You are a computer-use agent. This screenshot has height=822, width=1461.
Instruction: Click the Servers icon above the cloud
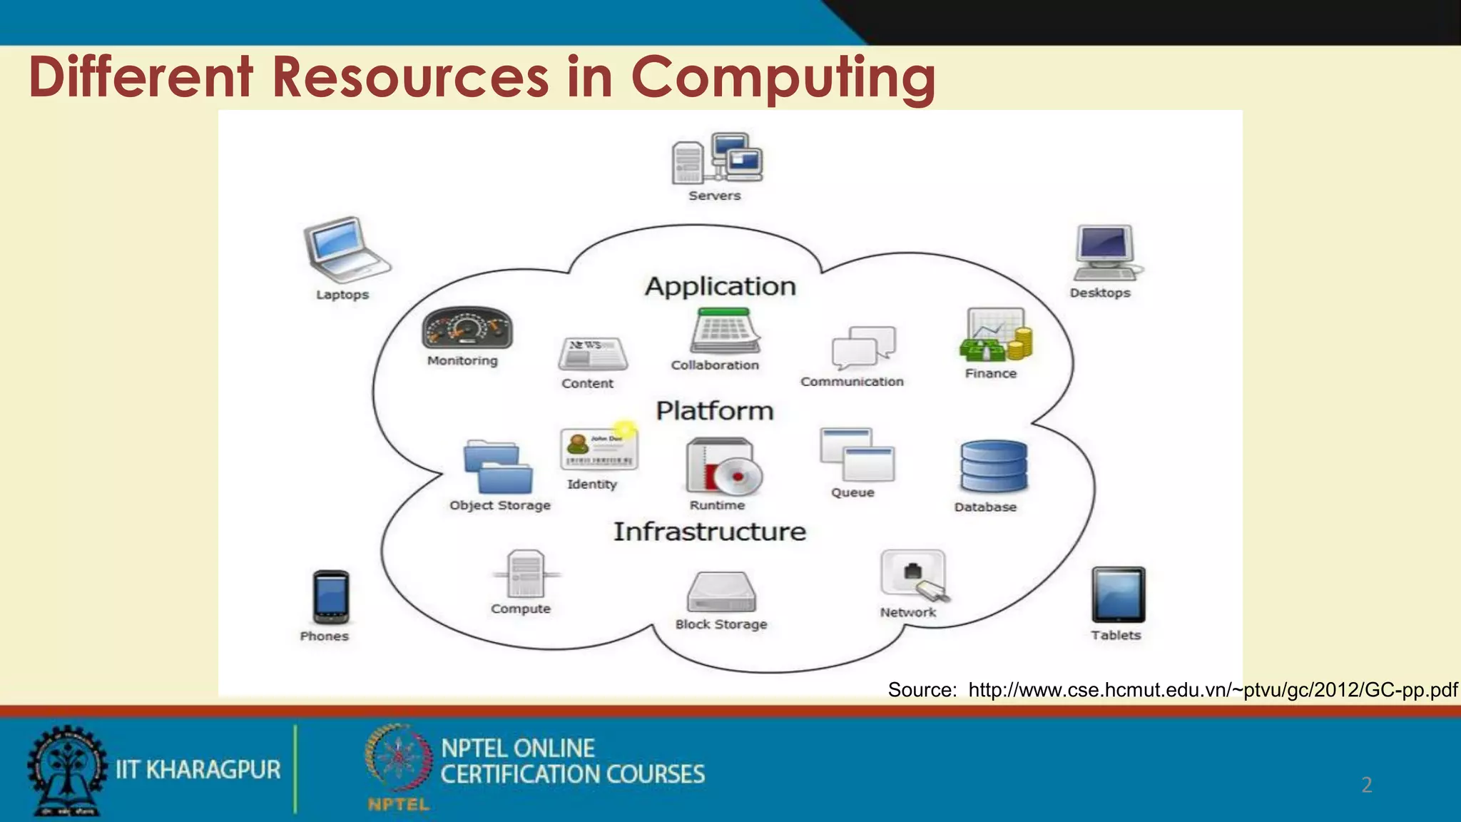click(717, 158)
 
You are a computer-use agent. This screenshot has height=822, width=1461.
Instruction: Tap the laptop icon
click(345, 249)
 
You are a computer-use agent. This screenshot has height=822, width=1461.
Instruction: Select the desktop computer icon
click(1106, 253)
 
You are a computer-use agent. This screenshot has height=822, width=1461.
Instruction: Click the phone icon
click(330, 597)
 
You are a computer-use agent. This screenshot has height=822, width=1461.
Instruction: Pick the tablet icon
click(1118, 594)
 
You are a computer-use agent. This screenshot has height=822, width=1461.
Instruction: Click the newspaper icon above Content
click(592, 353)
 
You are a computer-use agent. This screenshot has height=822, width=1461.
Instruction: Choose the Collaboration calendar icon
click(723, 331)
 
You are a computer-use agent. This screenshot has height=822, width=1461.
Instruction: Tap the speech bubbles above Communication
click(863, 347)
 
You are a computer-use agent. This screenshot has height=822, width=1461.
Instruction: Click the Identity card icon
click(599, 450)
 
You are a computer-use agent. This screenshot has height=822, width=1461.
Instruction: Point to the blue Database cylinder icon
click(994, 466)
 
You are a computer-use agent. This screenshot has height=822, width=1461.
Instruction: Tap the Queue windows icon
click(857, 455)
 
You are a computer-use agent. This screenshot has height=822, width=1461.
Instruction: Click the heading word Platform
click(714, 411)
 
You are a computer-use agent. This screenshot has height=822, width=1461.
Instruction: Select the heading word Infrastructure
click(710, 532)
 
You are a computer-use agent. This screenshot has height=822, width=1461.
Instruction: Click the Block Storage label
click(721, 624)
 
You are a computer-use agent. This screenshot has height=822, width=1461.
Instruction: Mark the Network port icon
click(913, 574)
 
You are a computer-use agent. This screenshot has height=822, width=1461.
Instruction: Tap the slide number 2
click(1366, 785)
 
